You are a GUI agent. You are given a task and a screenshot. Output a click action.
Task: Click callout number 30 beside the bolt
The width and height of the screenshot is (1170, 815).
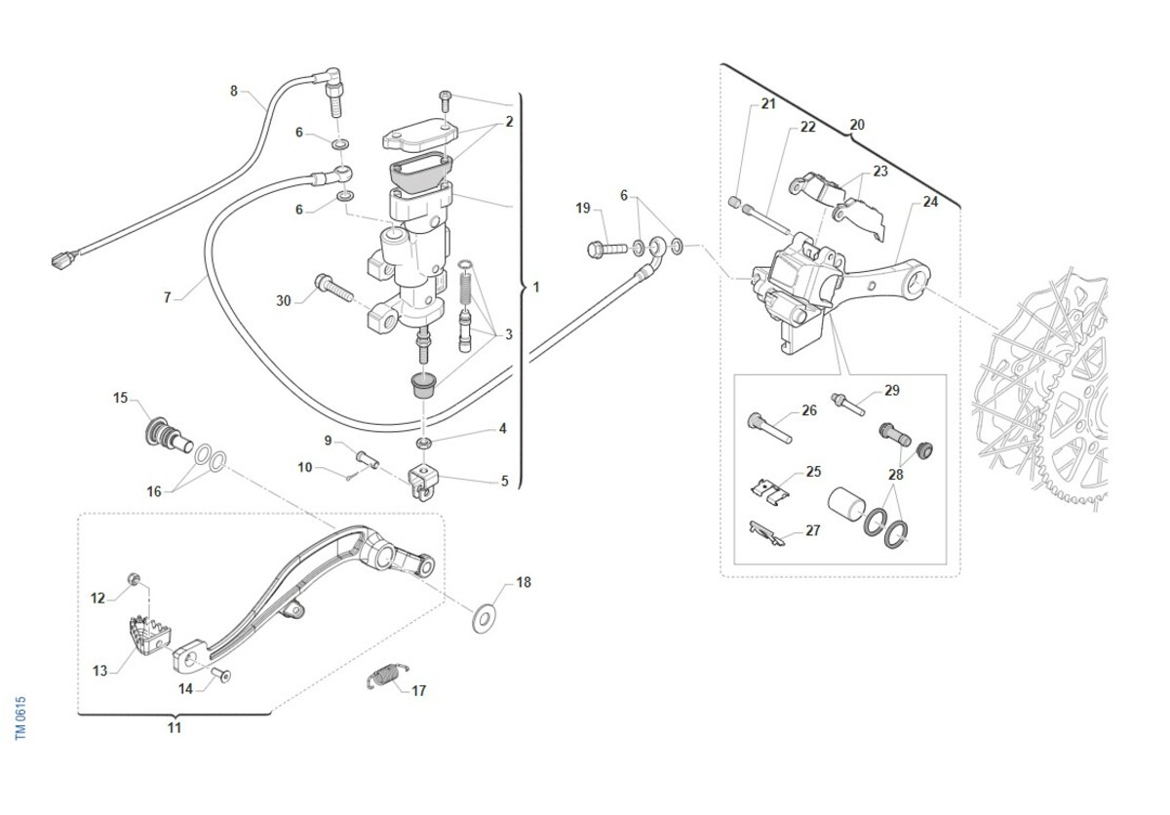pyautogui.click(x=284, y=301)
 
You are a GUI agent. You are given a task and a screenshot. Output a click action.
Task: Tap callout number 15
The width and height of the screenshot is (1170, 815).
pyautogui.click(x=121, y=398)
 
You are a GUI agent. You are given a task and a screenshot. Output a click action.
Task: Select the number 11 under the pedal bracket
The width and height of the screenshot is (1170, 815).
pyautogui.click(x=175, y=728)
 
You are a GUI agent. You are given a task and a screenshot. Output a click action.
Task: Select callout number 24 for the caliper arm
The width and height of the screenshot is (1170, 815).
pyautogui.click(x=929, y=203)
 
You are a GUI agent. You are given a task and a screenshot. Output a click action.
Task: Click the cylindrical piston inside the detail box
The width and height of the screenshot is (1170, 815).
pyautogui.click(x=843, y=507)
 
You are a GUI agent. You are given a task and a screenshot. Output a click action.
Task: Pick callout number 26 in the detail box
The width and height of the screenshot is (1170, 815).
pyautogui.click(x=809, y=410)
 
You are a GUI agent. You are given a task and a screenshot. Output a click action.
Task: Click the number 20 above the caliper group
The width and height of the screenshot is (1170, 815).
pyautogui.click(x=857, y=125)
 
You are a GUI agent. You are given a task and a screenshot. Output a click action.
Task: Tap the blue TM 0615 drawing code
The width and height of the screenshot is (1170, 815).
pyautogui.click(x=21, y=718)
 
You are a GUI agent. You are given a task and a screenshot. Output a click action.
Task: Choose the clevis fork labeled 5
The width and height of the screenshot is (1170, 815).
pyautogui.click(x=423, y=480)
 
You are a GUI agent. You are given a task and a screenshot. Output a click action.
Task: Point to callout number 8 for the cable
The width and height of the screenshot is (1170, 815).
pyautogui.click(x=234, y=92)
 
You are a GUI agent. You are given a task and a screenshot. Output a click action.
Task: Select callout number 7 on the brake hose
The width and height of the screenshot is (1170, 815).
pyautogui.click(x=167, y=297)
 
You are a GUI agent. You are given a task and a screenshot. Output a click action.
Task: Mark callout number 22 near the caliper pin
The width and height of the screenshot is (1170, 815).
pyautogui.click(x=808, y=127)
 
